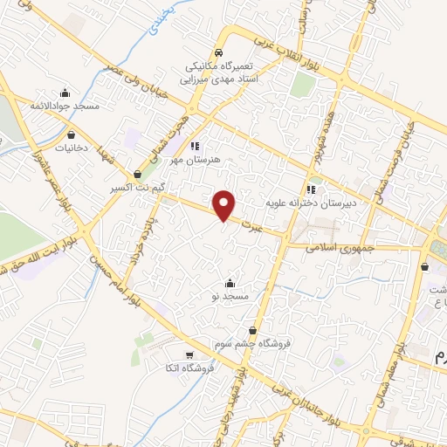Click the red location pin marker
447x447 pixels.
[x=224, y=205]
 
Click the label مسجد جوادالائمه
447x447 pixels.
[x=65, y=106]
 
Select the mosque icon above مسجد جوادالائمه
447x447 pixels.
[x=65, y=93]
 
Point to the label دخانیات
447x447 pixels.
[x=72, y=148]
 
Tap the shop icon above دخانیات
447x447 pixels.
[x=71, y=135]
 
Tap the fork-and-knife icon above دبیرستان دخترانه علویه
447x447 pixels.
[x=311, y=189]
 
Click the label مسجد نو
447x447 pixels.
[x=229, y=296]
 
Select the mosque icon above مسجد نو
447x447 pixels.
[x=229, y=283]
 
